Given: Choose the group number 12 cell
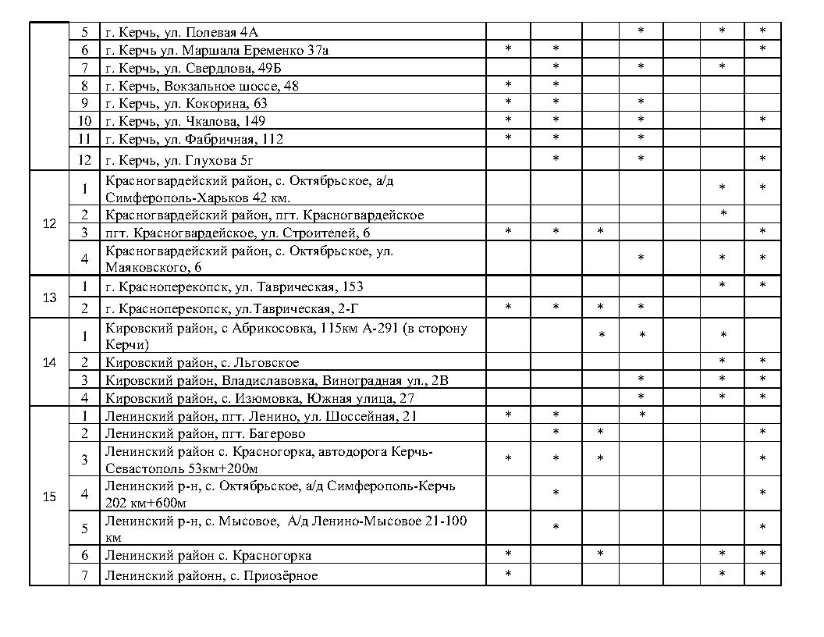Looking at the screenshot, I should (x=49, y=223).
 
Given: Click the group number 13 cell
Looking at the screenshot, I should (x=49, y=297).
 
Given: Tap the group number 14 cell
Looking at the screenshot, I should (x=49, y=362).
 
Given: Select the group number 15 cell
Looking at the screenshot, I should (x=49, y=496).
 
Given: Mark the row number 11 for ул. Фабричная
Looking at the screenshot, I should (x=85, y=139).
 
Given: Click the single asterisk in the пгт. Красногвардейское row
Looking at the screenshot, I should (x=723, y=214).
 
